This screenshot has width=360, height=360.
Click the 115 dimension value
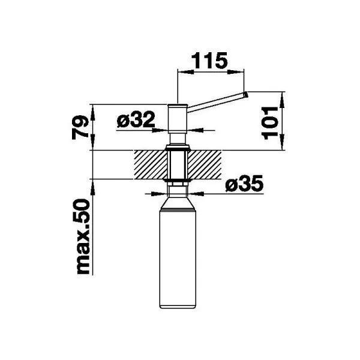[x=209, y=61]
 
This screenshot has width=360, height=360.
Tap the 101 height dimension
[x=270, y=123]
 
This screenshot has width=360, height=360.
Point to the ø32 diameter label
[x=136, y=119]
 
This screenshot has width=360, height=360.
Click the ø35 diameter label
[x=244, y=184]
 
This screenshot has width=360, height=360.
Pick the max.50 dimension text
[x=83, y=237]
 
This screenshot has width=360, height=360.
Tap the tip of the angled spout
[x=245, y=94]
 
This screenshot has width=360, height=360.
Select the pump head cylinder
[x=178, y=118]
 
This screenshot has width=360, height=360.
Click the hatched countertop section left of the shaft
[x=151, y=164]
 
